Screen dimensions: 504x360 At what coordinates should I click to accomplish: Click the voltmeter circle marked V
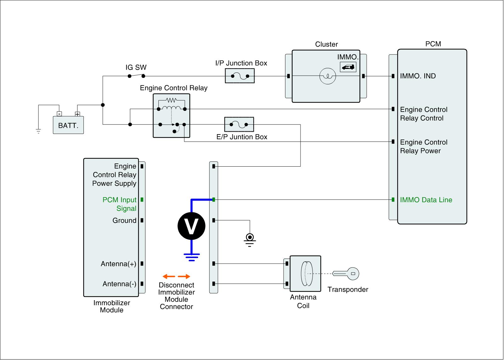pos(192,226)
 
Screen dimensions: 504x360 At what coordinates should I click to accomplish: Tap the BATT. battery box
pos(68,125)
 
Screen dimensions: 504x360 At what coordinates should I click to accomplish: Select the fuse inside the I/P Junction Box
pos(240,76)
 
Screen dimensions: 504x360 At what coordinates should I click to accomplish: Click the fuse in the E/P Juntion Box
pos(239,124)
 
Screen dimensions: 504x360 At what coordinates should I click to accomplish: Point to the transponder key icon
pos(346,274)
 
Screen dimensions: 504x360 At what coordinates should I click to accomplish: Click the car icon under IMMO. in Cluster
pos(348,67)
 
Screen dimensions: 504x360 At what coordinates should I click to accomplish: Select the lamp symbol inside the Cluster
pos(328,76)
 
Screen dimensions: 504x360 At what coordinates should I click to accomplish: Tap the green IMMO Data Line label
pos(426,200)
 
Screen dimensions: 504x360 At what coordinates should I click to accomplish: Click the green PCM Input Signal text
pos(119,204)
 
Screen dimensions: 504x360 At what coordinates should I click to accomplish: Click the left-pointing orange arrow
pos(169,276)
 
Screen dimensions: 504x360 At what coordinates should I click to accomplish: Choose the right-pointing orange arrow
pos(184,276)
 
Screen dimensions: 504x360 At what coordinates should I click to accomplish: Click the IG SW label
pos(136,67)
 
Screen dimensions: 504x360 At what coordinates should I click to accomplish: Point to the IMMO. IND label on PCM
pos(418,76)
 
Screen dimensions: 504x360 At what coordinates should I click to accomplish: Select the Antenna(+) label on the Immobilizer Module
pos(118,264)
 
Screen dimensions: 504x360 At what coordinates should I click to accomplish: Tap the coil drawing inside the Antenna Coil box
pos(307,274)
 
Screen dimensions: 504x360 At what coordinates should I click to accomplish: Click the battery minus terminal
pos(59,114)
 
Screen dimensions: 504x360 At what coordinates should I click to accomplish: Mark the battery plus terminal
pos(77,114)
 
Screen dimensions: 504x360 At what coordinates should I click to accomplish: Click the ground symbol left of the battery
pos(38,131)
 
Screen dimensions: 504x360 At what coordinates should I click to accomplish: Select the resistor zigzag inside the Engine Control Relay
pos(171,100)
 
